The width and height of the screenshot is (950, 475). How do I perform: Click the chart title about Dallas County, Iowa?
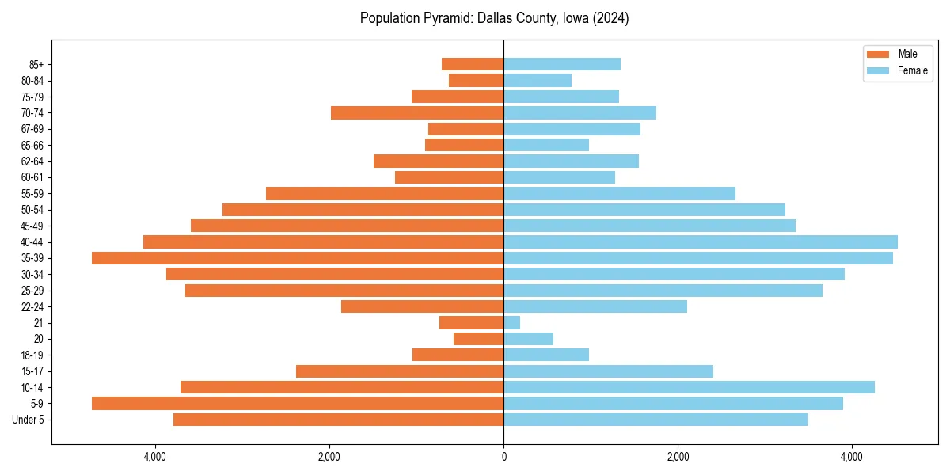click(x=494, y=18)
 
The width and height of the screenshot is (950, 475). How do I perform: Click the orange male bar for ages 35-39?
click(x=298, y=258)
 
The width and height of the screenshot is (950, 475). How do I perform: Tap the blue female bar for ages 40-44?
click(x=701, y=241)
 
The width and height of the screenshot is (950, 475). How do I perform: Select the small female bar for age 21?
click(x=512, y=322)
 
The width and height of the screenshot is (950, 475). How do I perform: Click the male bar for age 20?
click(x=479, y=339)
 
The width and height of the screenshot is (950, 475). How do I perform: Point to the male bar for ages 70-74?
click(x=417, y=112)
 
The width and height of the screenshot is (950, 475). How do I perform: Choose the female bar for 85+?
click(x=562, y=64)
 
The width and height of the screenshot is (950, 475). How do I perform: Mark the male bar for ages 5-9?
click(x=298, y=403)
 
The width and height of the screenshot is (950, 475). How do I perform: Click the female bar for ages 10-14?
click(x=689, y=387)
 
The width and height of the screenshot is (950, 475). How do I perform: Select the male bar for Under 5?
click(x=338, y=420)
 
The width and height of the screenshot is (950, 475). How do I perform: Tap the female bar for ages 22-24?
click(x=595, y=306)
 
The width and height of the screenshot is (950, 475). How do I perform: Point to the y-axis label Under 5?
click(x=28, y=420)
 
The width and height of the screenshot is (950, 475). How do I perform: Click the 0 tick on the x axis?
click(x=503, y=457)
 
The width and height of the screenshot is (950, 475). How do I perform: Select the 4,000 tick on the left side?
click(x=155, y=457)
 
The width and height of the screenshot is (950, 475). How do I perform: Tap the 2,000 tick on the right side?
click(x=678, y=457)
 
